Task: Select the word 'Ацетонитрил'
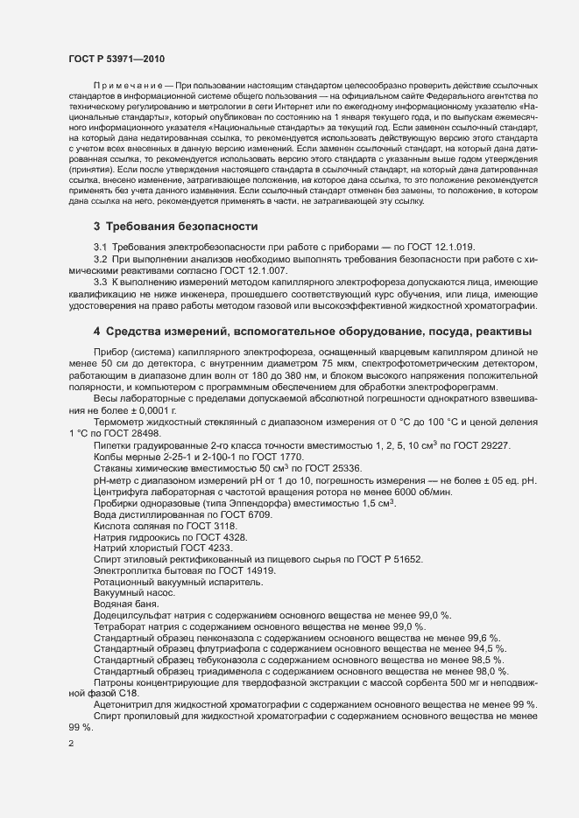tap(124, 705)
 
